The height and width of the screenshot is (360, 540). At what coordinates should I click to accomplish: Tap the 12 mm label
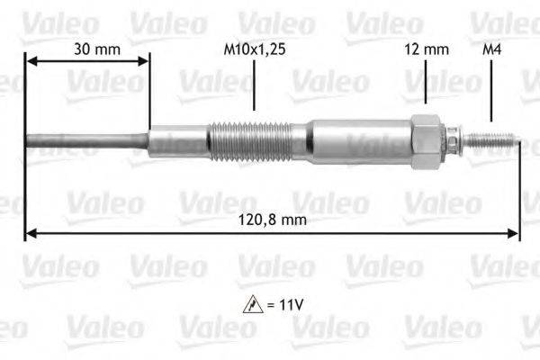426,49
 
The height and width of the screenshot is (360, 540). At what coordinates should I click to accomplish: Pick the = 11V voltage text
286,306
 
